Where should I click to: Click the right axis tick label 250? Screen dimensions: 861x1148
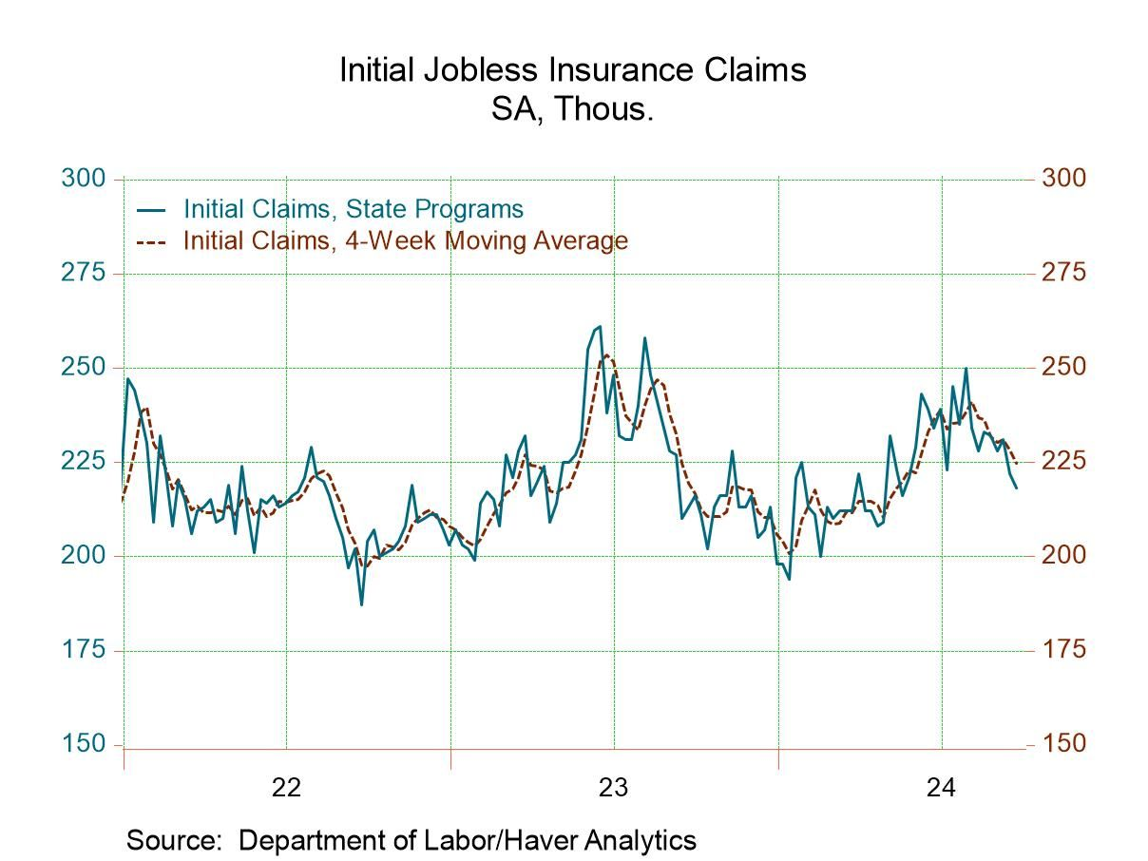1063,367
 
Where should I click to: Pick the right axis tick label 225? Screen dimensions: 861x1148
1063,461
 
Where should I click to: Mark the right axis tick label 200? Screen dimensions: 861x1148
1063,555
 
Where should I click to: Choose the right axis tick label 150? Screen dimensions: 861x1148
1063,744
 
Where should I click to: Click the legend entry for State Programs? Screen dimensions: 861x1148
353,208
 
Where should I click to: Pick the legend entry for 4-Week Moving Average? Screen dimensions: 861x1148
405,240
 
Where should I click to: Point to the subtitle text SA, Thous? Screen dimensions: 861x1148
572,109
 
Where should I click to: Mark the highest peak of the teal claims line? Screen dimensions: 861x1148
600,326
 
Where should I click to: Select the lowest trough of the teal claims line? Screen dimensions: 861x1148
361,604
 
